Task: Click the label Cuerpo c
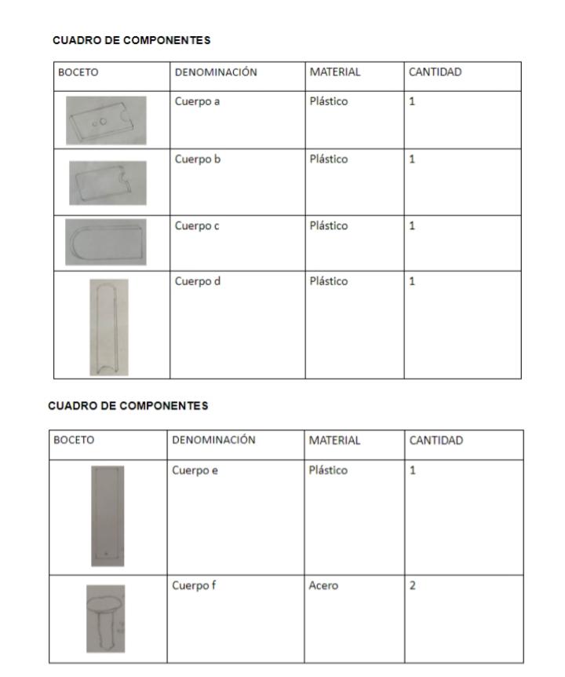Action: (194, 225)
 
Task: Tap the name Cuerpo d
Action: (194, 281)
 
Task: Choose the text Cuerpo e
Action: (194, 470)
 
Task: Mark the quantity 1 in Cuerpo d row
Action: (411, 281)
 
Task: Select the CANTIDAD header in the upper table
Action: (435, 72)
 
